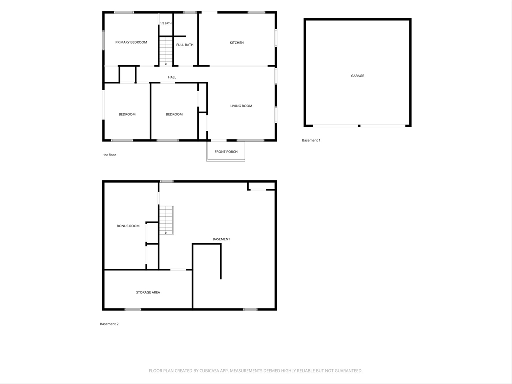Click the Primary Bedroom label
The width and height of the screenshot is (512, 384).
point(131,42)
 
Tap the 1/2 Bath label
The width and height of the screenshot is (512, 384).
point(166,23)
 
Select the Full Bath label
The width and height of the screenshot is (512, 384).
point(185,45)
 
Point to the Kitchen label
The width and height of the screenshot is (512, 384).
point(237,43)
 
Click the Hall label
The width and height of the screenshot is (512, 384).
point(172,77)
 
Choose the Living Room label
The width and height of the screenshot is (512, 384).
point(241,106)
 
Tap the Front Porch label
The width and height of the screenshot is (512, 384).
point(226,152)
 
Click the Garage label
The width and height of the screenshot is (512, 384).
point(358,76)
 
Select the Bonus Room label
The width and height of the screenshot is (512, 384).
point(128,226)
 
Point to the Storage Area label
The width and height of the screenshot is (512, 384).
point(148,292)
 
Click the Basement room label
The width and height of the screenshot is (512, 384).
point(221,239)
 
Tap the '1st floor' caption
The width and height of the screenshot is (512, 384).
point(109,155)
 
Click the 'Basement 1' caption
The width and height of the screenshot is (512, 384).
point(311,140)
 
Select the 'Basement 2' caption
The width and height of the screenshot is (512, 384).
point(109,324)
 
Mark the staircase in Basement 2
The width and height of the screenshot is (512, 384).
point(166,220)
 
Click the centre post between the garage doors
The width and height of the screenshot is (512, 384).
point(359,126)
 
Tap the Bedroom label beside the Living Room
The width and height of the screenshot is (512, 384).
point(174,114)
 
